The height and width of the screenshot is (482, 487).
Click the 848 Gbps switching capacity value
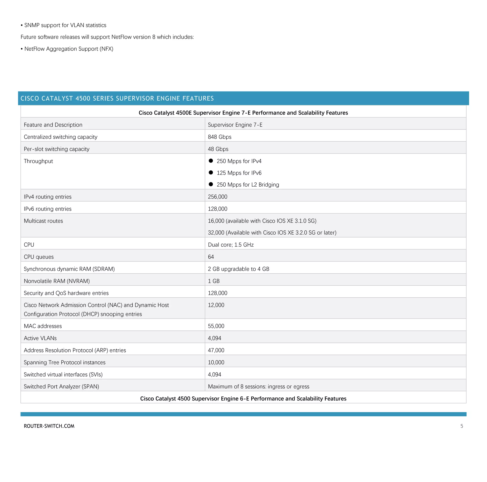[x=219, y=137]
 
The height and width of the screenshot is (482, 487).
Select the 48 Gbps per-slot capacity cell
[x=218, y=149]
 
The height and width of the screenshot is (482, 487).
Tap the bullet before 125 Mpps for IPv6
[x=211, y=173]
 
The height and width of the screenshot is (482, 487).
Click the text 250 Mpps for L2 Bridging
[x=248, y=185]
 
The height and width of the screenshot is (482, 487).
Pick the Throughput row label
[x=38, y=161]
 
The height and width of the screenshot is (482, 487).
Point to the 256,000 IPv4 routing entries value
[x=217, y=197]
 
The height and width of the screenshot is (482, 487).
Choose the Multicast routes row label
[x=43, y=221]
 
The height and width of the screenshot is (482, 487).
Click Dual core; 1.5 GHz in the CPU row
[x=231, y=245]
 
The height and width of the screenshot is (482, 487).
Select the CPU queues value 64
[x=211, y=257]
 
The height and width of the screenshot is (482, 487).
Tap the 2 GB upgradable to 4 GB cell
[x=238, y=269]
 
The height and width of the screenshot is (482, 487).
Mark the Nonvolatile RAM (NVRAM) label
[x=57, y=281]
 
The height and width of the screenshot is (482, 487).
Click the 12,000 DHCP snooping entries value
[x=216, y=305]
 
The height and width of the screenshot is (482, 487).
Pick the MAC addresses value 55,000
[x=216, y=326]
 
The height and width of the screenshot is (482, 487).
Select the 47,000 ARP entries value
[x=216, y=350]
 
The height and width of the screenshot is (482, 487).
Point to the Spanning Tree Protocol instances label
[x=64, y=362]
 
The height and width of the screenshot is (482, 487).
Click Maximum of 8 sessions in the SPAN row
[x=258, y=386]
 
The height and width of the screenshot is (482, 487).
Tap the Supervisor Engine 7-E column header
[x=235, y=125]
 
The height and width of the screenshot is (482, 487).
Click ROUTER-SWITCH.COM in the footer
[x=49, y=426]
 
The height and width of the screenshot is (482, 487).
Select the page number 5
[x=462, y=426]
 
